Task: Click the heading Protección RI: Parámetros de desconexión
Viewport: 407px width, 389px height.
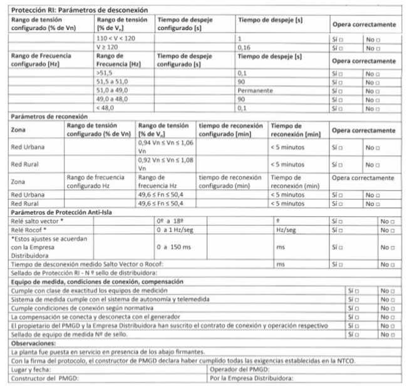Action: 77,11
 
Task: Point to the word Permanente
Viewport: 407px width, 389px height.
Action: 255,90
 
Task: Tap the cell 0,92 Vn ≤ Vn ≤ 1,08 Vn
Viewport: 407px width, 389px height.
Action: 164,164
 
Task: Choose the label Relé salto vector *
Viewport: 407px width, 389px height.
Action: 35,222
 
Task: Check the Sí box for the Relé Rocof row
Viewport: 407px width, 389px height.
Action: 342,231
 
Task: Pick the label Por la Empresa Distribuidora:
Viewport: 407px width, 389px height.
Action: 252,378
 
